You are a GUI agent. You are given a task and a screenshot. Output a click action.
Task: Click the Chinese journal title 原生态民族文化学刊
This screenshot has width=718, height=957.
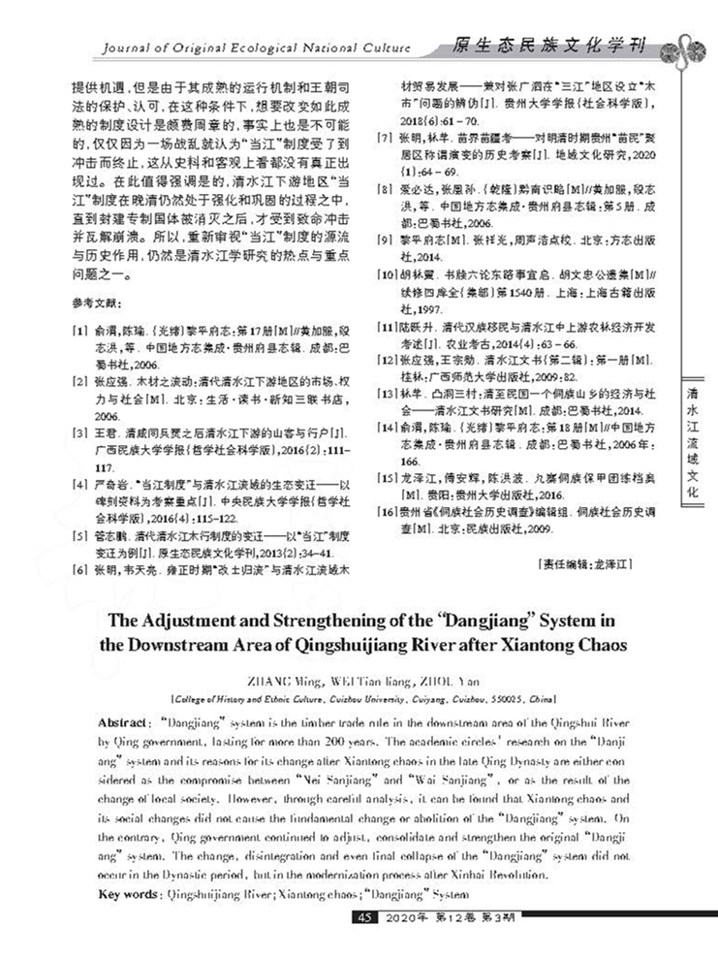click(548, 45)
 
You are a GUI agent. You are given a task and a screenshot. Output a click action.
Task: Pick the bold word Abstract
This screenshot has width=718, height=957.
click(123, 724)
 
